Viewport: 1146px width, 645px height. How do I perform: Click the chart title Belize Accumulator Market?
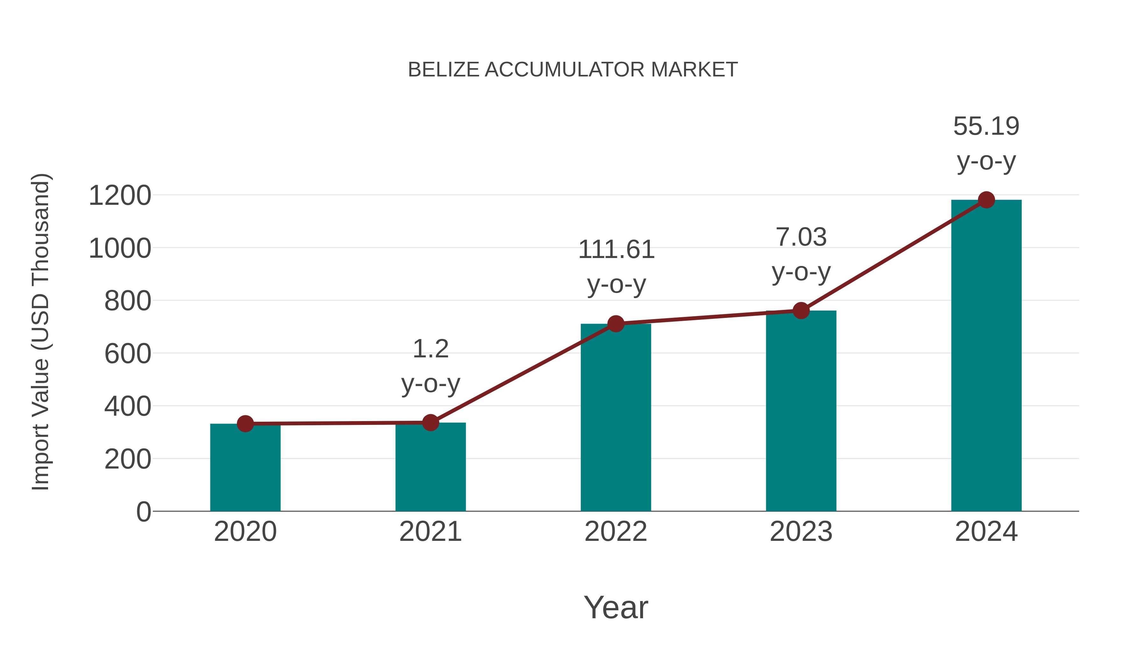pos(573,70)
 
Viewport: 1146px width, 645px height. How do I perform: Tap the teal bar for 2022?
pos(616,419)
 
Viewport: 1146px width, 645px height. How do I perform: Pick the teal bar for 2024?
pos(986,356)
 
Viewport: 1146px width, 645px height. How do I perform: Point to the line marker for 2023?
pos(801,310)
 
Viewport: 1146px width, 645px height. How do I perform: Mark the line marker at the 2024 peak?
pos(986,200)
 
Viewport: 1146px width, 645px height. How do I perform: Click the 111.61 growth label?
pos(616,249)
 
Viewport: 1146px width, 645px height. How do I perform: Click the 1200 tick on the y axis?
pos(120,196)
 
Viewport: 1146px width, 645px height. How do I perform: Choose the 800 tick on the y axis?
pos(127,301)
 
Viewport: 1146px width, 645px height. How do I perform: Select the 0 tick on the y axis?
pos(143,512)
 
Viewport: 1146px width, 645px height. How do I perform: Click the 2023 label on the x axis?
pos(801,532)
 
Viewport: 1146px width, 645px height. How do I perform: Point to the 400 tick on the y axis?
pos(127,406)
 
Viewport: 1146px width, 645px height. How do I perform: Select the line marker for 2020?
pos(245,423)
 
